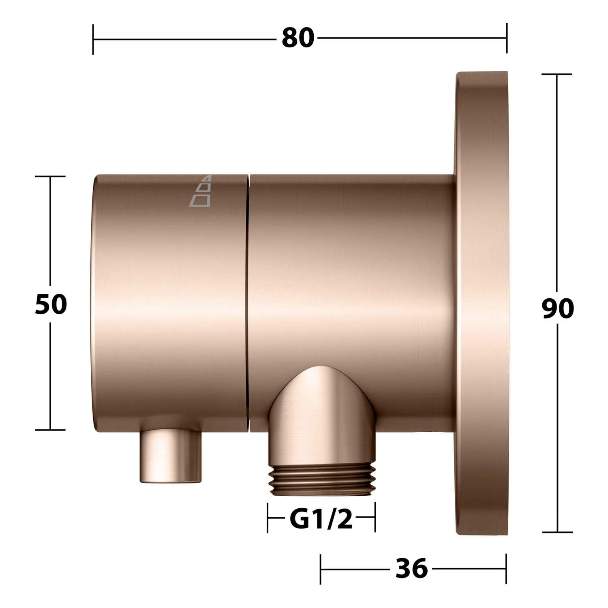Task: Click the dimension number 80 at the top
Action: point(298,38)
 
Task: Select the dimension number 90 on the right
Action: point(558,308)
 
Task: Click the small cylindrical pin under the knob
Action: point(171,456)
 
